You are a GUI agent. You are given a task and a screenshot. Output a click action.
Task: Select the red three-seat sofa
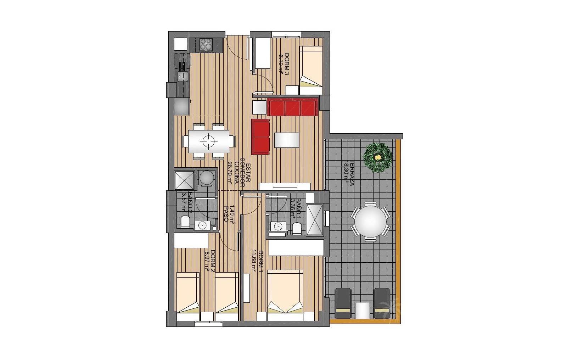click(292, 107)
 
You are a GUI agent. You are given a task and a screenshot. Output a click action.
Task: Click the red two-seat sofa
click(260, 137)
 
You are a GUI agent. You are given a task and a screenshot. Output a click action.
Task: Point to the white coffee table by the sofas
click(286, 140)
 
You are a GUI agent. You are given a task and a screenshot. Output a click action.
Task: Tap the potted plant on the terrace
click(378, 157)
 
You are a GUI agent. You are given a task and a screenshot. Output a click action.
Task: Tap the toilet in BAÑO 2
click(185, 222)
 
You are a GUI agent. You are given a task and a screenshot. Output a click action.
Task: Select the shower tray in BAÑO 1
click(314, 219)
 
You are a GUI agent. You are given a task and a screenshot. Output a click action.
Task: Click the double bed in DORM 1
click(285, 291)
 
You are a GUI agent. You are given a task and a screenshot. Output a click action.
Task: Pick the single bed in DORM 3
click(311, 67)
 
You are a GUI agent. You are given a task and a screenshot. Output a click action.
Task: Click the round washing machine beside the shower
click(206, 178)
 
